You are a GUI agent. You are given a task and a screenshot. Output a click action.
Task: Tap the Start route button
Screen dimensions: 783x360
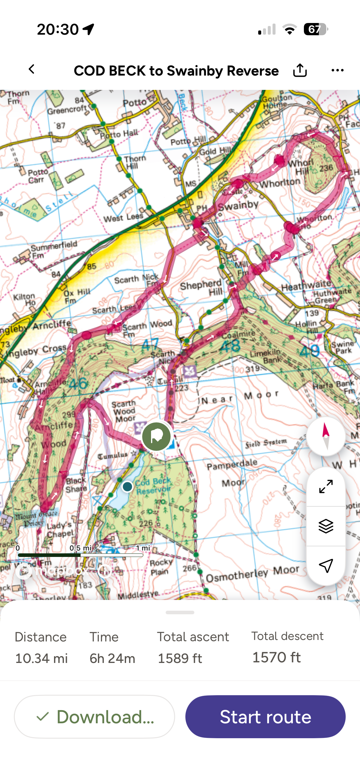pyautogui.click(x=265, y=716)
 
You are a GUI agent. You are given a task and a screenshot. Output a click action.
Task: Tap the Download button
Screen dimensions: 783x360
pyautogui.click(x=95, y=716)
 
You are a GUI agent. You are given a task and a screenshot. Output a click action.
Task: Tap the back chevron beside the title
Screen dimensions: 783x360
pyautogui.click(x=32, y=69)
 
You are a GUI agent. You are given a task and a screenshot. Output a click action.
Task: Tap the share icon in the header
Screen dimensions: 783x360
pyautogui.click(x=299, y=70)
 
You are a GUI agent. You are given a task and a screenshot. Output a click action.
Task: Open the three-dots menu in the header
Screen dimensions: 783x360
pyautogui.click(x=337, y=70)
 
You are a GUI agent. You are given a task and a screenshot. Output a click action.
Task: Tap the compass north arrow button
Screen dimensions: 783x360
pyautogui.click(x=326, y=436)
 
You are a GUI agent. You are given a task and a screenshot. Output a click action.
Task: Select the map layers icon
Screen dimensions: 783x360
pyautogui.click(x=326, y=526)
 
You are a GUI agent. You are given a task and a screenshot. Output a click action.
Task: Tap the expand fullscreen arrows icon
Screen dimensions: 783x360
pyautogui.click(x=326, y=486)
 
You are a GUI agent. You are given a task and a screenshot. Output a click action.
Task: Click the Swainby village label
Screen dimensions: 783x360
pyautogui.click(x=239, y=206)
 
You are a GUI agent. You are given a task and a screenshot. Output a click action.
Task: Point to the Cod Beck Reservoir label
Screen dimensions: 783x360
pyautogui.click(x=153, y=486)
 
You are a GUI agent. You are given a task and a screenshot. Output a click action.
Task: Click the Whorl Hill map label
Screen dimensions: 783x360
pyautogui.click(x=301, y=167)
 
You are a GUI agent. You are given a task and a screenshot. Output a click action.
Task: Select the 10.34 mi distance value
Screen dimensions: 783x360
pyautogui.click(x=41, y=658)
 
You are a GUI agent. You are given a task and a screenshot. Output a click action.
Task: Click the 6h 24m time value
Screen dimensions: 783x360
pyautogui.click(x=112, y=658)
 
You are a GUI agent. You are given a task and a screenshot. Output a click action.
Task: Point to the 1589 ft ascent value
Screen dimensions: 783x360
pyautogui.click(x=180, y=658)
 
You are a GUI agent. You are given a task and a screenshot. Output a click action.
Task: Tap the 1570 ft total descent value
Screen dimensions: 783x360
pyautogui.click(x=276, y=657)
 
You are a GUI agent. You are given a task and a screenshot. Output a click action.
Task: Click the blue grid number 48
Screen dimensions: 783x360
pyautogui.click(x=230, y=346)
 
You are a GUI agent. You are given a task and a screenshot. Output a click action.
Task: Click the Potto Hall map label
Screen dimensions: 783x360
pyautogui.click(x=119, y=134)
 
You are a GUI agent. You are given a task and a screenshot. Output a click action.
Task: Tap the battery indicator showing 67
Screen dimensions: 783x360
pyautogui.click(x=315, y=29)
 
